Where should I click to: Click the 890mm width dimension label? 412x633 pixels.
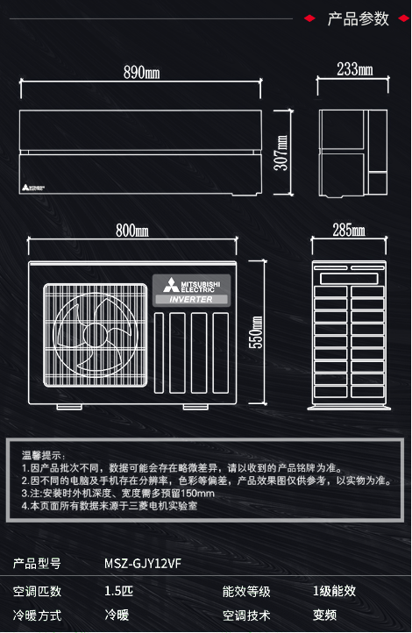pyautogui.click(x=142, y=72)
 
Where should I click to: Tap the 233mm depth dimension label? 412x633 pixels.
pyautogui.click(x=355, y=69)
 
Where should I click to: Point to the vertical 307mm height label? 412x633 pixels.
pyautogui.click(x=281, y=153)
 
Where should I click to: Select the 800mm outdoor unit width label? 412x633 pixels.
pyautogui.click(x=132, y=231)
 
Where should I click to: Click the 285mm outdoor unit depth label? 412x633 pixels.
pyautogui.click(x=349, y=230)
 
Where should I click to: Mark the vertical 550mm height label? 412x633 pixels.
pyautogui.click(x=256, y=331)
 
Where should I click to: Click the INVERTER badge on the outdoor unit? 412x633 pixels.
pyautogui.click(x=191, y=300)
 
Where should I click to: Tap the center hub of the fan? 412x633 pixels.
pyautogui.click(x=95, y=335)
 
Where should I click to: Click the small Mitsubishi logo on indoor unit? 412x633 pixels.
pyautogui.click(x=33, y=188)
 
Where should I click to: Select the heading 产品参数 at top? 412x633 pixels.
pyautogui.click(x=359, y=19)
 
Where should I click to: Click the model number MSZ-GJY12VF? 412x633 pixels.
pyautogui.click(x=143, y=563)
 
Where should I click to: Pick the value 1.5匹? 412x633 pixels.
pyautogui.click(x=118, y=591)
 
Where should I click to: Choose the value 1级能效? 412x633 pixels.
pyautogui.click(x=335, y=591)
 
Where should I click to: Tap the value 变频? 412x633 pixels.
pyautogui.click(x=325, y=615)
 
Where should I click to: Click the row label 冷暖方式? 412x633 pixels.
pyautogui.click(x=37, y=615)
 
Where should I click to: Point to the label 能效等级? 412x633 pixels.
pyautogui.click(x=246, y=592)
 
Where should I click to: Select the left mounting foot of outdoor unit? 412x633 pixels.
pyautogui.click(x=69, y=407)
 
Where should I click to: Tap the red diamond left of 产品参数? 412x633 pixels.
pyautogui.click(x=309, y=18)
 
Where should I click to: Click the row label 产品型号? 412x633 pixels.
pyautogui.click(x=37, y=564)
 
